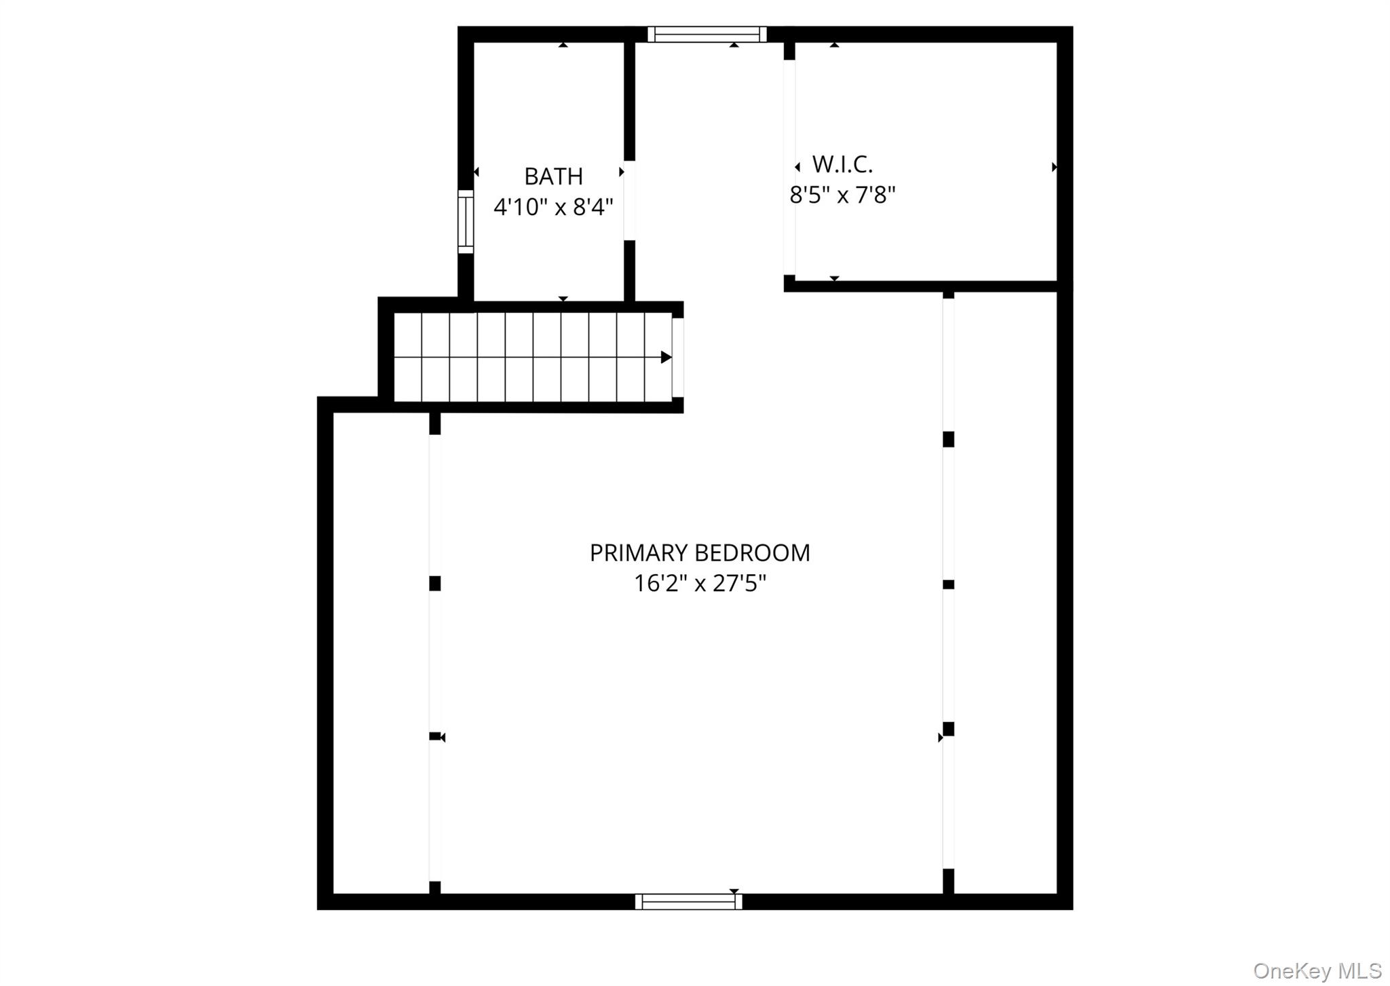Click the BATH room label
point(553,176)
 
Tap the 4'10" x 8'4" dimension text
point(553,206)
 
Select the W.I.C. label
point(842,164)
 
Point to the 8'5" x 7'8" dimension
point(842,195)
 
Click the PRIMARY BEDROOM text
point(700,553)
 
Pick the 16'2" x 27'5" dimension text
point(700,584)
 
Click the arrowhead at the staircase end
point(666,357)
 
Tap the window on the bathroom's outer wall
point(466,221)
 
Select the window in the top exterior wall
point(707,34)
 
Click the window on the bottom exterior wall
point(688,901)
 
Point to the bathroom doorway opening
point(629,200)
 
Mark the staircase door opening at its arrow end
point(677,357)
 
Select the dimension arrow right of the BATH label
point(621,172)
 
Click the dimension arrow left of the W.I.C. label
point(797,167)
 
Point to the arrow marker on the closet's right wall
point(1054,167)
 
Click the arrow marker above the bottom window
point(734,891)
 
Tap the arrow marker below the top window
point(734,45)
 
